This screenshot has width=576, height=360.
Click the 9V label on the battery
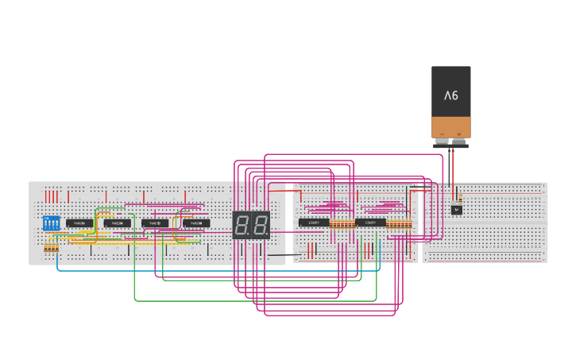click(450, 95)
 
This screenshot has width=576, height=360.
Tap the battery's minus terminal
click(442, 141)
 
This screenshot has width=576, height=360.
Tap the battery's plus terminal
click(459, 141)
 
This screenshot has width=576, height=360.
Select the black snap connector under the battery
click(450, 145)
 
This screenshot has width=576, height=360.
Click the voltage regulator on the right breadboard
click(456, 210)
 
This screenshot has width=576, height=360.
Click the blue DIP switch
click(51, 223)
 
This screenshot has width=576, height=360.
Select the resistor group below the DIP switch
click(51, 249)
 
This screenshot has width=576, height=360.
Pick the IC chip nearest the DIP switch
click(79, 223)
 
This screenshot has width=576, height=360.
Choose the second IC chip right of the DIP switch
click(117, 223)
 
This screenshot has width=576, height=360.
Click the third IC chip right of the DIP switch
click(155, 223)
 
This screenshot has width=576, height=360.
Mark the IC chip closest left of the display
click(196, 223)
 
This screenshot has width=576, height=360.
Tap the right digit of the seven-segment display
click(260, 225)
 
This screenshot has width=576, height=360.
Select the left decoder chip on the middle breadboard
click(314, 223)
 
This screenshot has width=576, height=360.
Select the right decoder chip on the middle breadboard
click(370, 223)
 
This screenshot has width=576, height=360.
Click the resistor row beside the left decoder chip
click(342, 224)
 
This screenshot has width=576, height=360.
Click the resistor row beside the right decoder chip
click(399, 224)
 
